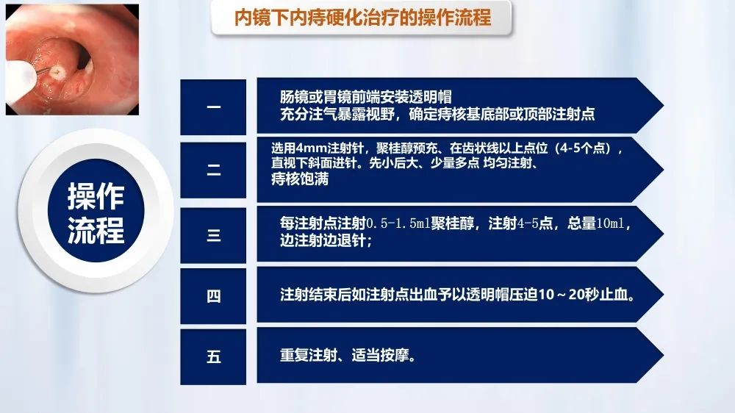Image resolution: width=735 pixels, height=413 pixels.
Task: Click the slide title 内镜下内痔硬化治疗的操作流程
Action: point(362,18)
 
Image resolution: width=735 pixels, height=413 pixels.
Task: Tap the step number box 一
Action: point(213,107)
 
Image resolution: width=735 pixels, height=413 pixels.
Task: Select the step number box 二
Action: point(213,170)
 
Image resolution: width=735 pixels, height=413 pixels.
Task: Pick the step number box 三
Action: point(213,235)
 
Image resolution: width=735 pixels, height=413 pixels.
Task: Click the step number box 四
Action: point(213,296)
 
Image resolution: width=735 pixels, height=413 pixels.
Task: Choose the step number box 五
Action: point(213,356)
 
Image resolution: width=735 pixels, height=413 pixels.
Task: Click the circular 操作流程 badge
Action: point(96,211)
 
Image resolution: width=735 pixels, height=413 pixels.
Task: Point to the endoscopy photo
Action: point(72,60)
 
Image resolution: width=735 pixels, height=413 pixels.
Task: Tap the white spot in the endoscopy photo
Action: point(57,71)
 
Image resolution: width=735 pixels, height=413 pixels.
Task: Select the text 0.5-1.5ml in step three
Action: point(398,223)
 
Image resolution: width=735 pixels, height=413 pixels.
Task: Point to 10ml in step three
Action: point(610,223)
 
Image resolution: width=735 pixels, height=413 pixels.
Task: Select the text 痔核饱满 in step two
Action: point(300,179)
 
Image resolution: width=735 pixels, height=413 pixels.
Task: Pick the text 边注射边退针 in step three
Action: point(323,240)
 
